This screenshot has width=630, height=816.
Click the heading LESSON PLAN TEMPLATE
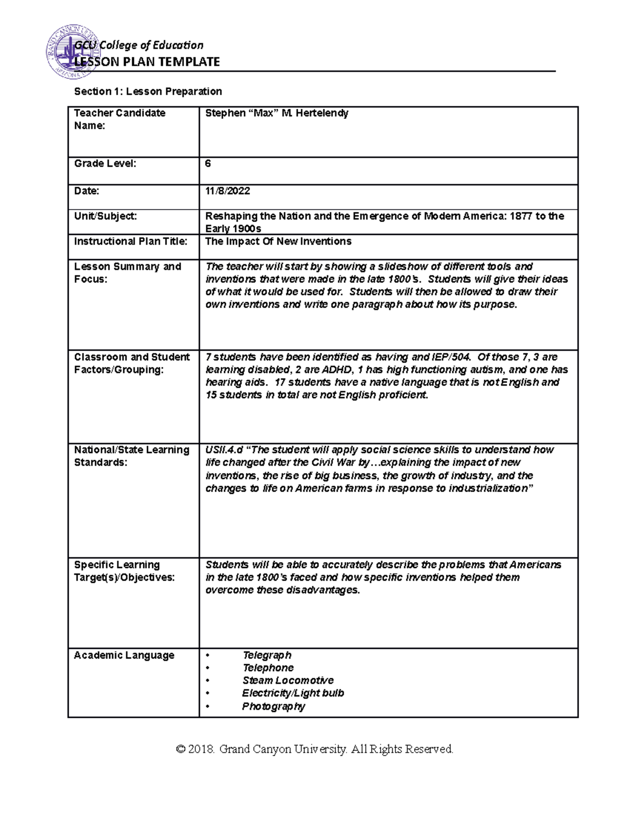click(147, 62)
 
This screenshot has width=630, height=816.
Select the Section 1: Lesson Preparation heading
click(148, 91)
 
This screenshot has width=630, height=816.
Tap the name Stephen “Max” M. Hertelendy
click(277, 113)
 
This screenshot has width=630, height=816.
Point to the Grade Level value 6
click(208, 163)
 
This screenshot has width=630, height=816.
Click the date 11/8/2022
click(227, 191)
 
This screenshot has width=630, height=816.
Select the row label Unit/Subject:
click(105, 216)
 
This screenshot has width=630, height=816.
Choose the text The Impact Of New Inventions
click(278, 241)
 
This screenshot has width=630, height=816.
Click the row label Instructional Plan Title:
click(130, 241)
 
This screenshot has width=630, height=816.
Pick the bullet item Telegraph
click(267, 655)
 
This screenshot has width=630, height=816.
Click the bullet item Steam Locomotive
click(288, 680)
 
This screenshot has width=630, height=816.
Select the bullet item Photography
click(273, 706)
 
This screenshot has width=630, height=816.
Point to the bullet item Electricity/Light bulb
click(293, 693)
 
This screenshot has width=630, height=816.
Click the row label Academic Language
click(124, 655)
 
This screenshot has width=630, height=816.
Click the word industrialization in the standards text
click(483, 488)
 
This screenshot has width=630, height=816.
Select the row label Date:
click(87, 191)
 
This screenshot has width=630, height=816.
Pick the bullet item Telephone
click(268, 668)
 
